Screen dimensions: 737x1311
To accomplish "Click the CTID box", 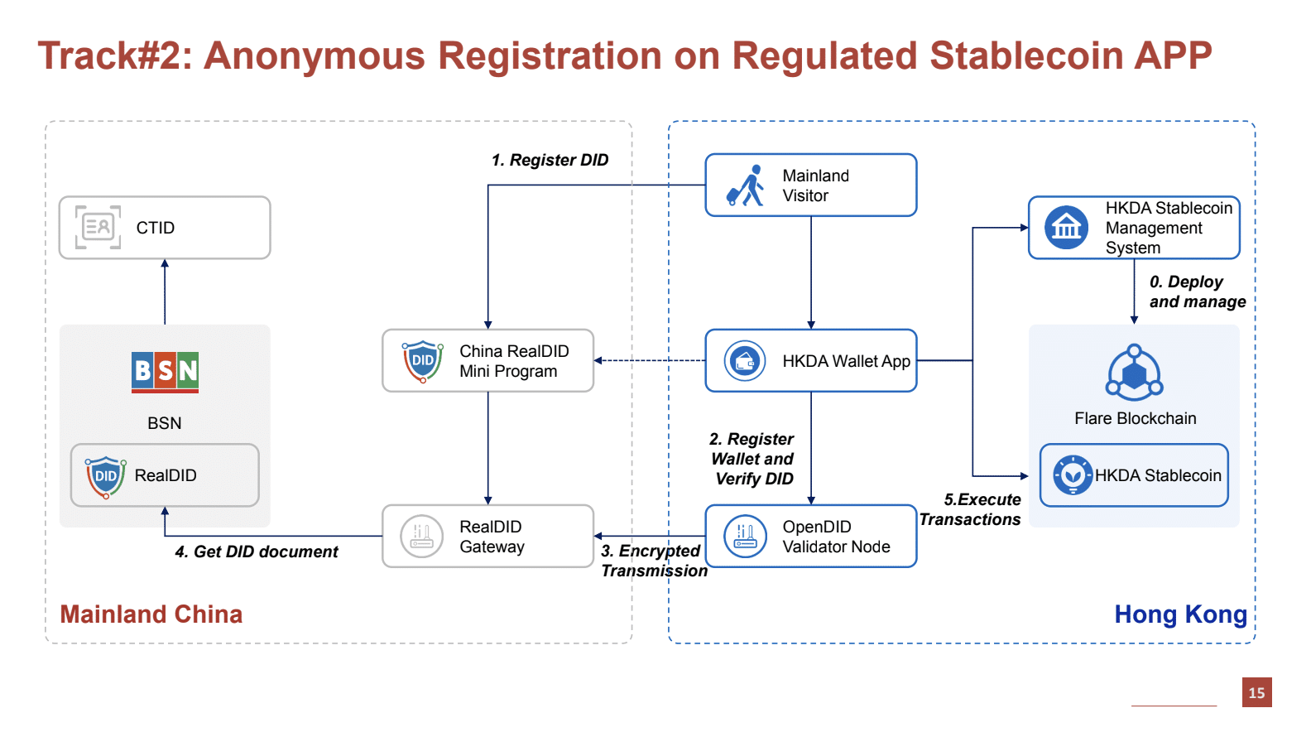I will [165, 228].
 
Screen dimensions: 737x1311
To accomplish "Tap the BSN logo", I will [165, 372].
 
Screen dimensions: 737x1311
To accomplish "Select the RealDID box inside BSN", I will [165, 475].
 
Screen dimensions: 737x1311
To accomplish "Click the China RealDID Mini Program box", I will [487, 361].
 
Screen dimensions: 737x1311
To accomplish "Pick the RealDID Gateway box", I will [487, 536].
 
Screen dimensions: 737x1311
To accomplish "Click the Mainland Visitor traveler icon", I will [745, 185].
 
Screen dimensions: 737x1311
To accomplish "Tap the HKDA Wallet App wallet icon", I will [745, 361].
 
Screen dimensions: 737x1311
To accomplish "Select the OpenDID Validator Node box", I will [811, 536].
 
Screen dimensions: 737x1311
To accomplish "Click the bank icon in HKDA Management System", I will [1066, 227].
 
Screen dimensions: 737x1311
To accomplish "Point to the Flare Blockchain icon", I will [1134, 373].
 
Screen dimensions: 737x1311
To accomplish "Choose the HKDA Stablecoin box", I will [1134, 475].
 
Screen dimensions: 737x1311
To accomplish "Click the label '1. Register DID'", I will [550, 160].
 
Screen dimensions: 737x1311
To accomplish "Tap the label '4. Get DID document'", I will [257, 552].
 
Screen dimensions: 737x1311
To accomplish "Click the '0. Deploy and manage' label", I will [1197, 291].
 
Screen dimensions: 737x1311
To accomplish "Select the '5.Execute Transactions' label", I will [970, 509].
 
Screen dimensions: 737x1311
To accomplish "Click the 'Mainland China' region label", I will [151, 614].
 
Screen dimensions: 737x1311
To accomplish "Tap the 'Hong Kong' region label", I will [1180, 614].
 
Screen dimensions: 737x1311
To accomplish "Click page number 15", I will [1256, 692].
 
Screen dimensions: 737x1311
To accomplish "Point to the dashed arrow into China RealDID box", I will [650, 360].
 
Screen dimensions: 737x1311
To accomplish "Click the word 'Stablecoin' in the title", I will [1025, 56].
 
